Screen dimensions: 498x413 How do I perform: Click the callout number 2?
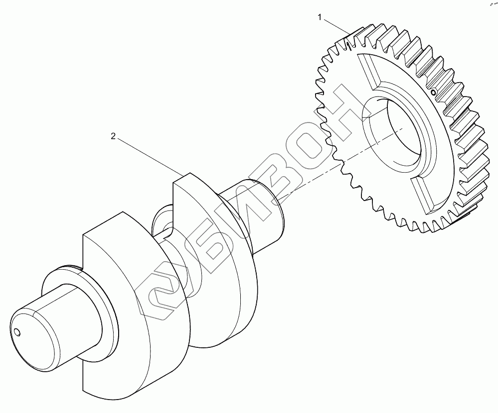click(x=113, y=136)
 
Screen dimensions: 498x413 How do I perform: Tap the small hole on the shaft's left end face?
click(x=17, y=332)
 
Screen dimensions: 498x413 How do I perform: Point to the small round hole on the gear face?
click(x=433, y=93)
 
